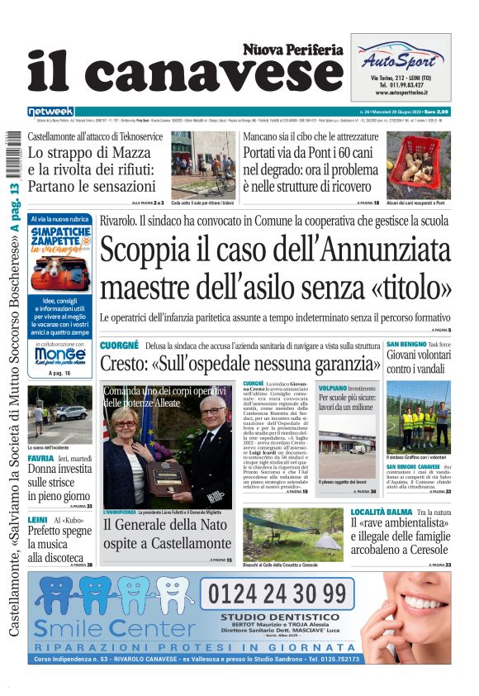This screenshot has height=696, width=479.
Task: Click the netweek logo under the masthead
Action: point(51,112)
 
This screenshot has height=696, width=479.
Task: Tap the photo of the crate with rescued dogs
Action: point(418,164)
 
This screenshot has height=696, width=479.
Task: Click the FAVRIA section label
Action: point(40,457)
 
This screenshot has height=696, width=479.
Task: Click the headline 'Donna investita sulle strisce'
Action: point(58,477)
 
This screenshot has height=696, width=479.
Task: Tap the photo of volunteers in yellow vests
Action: point(418,417)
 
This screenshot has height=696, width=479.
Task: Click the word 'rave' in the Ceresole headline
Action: point(377,523)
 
